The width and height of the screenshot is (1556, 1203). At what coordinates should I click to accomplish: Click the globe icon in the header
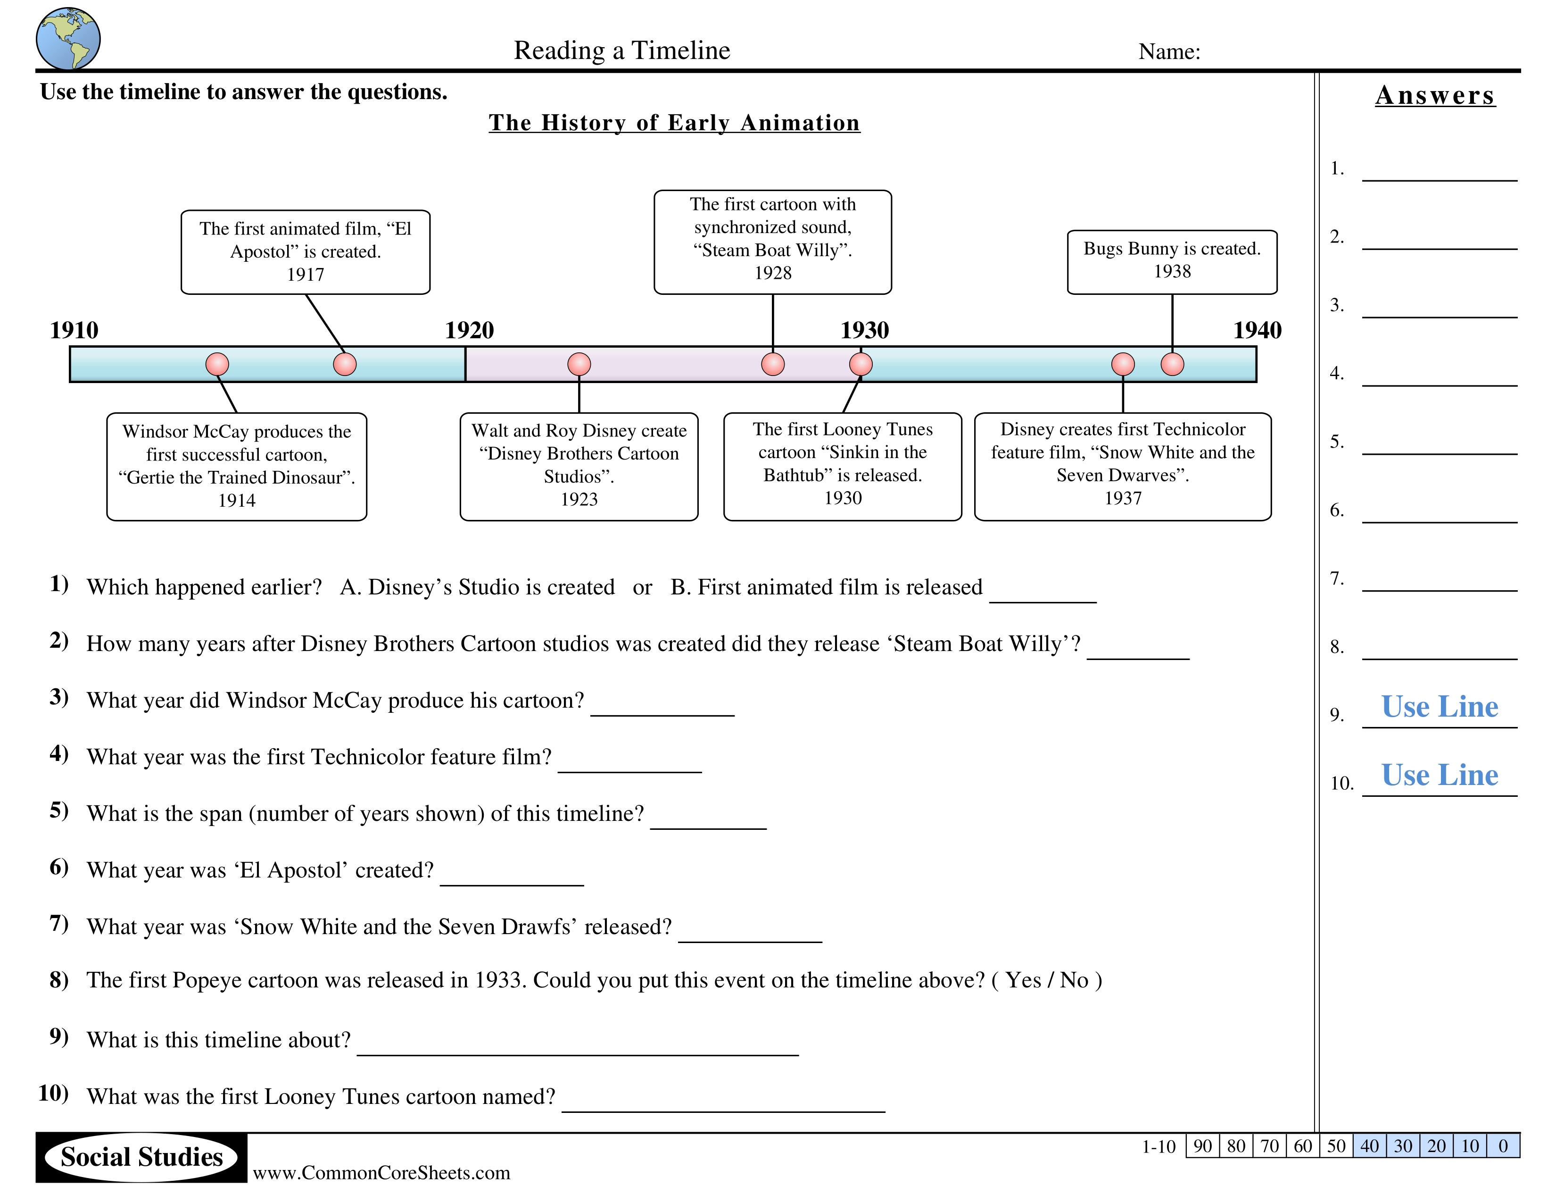coord(68,39)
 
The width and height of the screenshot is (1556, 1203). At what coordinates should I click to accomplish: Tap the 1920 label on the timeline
coord(469,330)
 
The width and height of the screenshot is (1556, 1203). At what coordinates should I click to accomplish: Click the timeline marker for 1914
coord(217,364)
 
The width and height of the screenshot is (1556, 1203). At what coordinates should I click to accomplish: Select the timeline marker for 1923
coord(579,364)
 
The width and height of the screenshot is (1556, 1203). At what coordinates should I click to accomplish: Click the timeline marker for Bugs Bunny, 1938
coord(1172,364)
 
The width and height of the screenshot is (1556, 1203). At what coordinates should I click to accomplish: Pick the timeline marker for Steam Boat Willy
coord(773,364)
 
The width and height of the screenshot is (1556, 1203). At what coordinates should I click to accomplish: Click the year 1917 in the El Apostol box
coord(306,275)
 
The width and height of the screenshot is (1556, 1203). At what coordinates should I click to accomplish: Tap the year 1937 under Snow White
coord(1123,498)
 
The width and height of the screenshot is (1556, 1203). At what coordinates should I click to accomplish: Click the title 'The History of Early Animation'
coord(674,123)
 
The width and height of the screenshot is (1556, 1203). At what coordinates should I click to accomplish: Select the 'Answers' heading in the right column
coord(1435,95)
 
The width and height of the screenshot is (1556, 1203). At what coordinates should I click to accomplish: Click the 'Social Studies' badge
coord(142,1157)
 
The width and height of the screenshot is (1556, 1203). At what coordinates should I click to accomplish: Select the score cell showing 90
coord(1203,1146)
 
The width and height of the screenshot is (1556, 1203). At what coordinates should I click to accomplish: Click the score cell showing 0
coord(1503,1146)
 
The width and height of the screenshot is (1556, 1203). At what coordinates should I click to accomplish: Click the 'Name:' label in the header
coord(1169,51)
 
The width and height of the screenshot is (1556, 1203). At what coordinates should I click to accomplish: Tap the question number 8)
coord(59,980)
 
